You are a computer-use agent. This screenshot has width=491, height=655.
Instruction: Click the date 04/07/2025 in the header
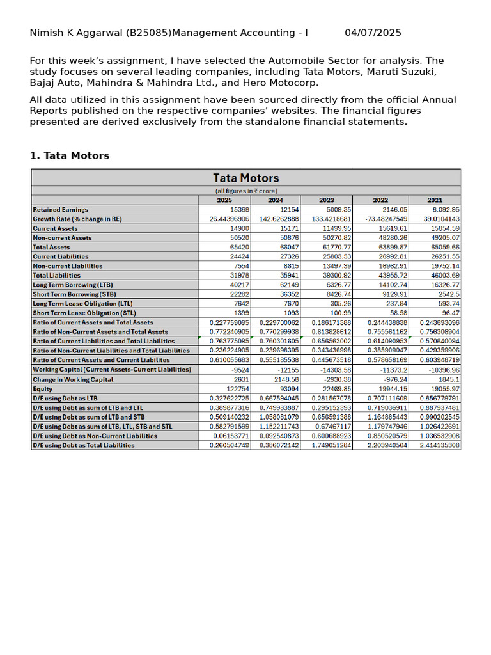373,33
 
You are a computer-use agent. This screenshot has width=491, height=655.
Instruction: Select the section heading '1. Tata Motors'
70,155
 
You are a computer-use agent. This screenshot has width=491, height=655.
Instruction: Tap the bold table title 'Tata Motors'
246,178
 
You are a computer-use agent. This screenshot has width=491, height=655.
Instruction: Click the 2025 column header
224,200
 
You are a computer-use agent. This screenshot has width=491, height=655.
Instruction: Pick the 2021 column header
435,200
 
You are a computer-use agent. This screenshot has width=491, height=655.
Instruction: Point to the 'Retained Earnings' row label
61,210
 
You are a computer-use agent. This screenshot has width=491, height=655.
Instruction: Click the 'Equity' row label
43,389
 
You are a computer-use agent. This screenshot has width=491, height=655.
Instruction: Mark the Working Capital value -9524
239,370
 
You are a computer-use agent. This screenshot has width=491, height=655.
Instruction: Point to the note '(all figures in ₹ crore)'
246,191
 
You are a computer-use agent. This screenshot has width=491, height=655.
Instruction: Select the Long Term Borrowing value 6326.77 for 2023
338,285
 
